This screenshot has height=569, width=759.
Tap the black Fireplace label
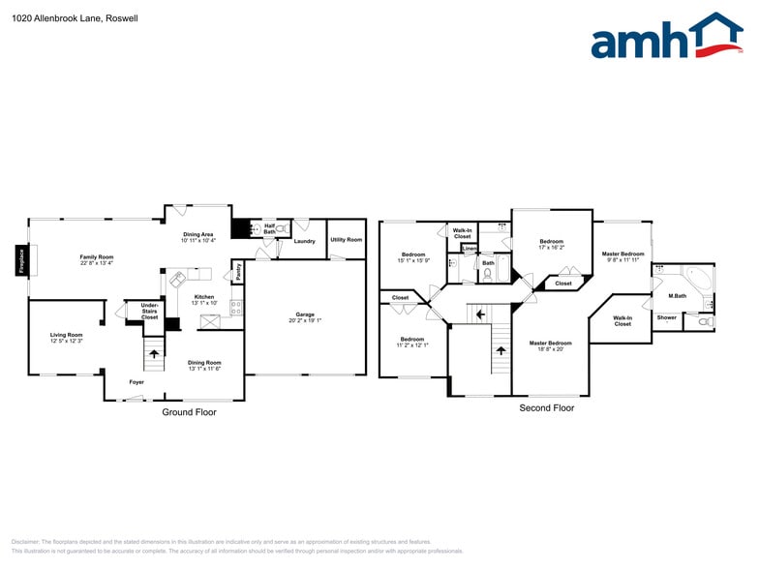tap(21, 261)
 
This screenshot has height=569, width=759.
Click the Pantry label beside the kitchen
tap(238, 273)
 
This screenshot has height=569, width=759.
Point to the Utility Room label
tap(346, 240)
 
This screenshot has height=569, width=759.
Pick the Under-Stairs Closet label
tap(149, 311)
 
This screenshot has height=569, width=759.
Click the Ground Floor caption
tap(189, 412)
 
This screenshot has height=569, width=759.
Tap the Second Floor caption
tap(547, 408)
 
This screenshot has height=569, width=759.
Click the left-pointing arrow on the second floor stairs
tap(476, 314)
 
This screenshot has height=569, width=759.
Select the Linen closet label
tap(470, 249)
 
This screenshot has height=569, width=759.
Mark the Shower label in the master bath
tap(667, 317)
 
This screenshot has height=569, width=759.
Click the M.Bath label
tap(678, 295)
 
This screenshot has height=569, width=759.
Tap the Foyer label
tap(137, 382)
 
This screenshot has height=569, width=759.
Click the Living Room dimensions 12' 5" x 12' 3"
tap(67, 341)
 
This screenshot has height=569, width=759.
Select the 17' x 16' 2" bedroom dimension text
tap(551, 248)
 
